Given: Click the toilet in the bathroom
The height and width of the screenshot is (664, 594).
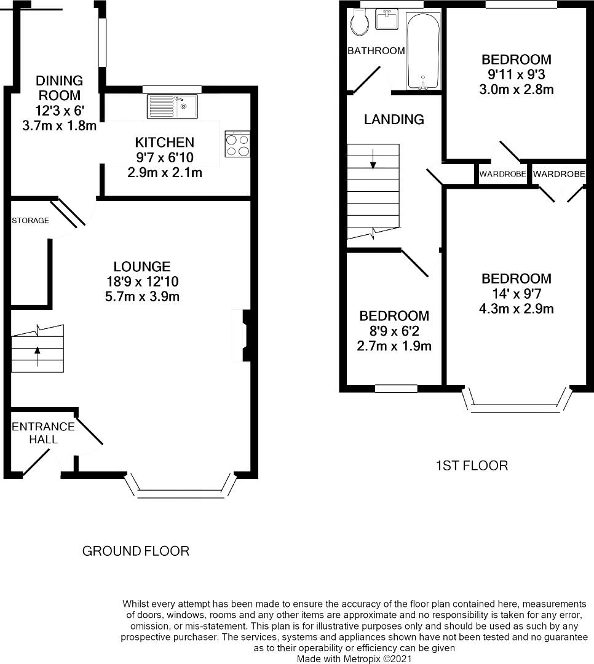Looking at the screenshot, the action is pos(360,23).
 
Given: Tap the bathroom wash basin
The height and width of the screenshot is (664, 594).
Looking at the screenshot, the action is pos(387,20).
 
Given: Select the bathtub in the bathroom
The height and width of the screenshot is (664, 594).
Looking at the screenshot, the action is pos(423,52).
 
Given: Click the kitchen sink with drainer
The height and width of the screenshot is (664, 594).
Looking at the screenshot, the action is pos(172,106).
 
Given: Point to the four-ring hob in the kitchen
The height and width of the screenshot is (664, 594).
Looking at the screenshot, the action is pos(237,144).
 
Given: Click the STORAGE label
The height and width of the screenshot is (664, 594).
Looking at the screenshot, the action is pos(31,220).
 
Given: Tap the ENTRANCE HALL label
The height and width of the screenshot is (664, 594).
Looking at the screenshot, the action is pos(43,433).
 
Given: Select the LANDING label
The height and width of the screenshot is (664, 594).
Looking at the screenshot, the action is pos(394,119).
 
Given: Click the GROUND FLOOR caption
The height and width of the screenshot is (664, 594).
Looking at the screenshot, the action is pos(135,551).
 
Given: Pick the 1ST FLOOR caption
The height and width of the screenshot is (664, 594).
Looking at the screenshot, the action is pos(472,466).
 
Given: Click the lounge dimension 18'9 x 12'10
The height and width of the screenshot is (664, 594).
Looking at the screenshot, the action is pos(143,282).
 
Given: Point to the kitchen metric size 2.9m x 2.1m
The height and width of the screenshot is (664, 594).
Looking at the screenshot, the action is pos(165,173).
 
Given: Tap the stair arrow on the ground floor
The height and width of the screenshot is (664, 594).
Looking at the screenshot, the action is pos(38,356).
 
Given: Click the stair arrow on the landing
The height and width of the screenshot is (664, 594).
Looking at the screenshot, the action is pos(373,159).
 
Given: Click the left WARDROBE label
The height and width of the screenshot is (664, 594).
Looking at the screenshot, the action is pos(503,174).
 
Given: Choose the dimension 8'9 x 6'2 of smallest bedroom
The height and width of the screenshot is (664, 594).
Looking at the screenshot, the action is pos(394,331).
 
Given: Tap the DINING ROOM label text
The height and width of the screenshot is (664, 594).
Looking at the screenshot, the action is pos(59,88).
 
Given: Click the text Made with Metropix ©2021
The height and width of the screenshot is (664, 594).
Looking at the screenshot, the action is pos(354,659).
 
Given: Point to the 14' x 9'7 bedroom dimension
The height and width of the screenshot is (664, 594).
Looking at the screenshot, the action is pos(517,293).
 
